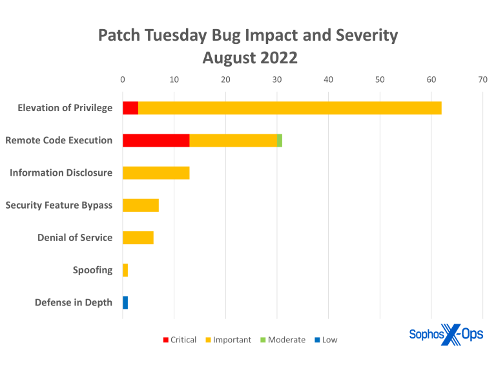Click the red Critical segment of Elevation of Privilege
(x=130, y=108)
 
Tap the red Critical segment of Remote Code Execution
(x=156, y=140)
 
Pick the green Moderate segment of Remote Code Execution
(x=280, y=140)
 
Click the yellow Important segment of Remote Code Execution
(x=233, y=140)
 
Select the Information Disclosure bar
(x=156, y=172)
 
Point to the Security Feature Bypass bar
(x=141, y=205)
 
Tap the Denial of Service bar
(x=138, y=238)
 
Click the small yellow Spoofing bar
(x=125, y=270)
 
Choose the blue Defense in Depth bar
(x=125, y=302)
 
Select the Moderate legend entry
(x=282, y=340)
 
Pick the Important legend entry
(x=228, y=340)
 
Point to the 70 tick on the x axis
(x=482, y=79)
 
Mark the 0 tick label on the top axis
(x=123, y=79)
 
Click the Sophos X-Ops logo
(x=446, y=335)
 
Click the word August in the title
(x=229, y=57)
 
